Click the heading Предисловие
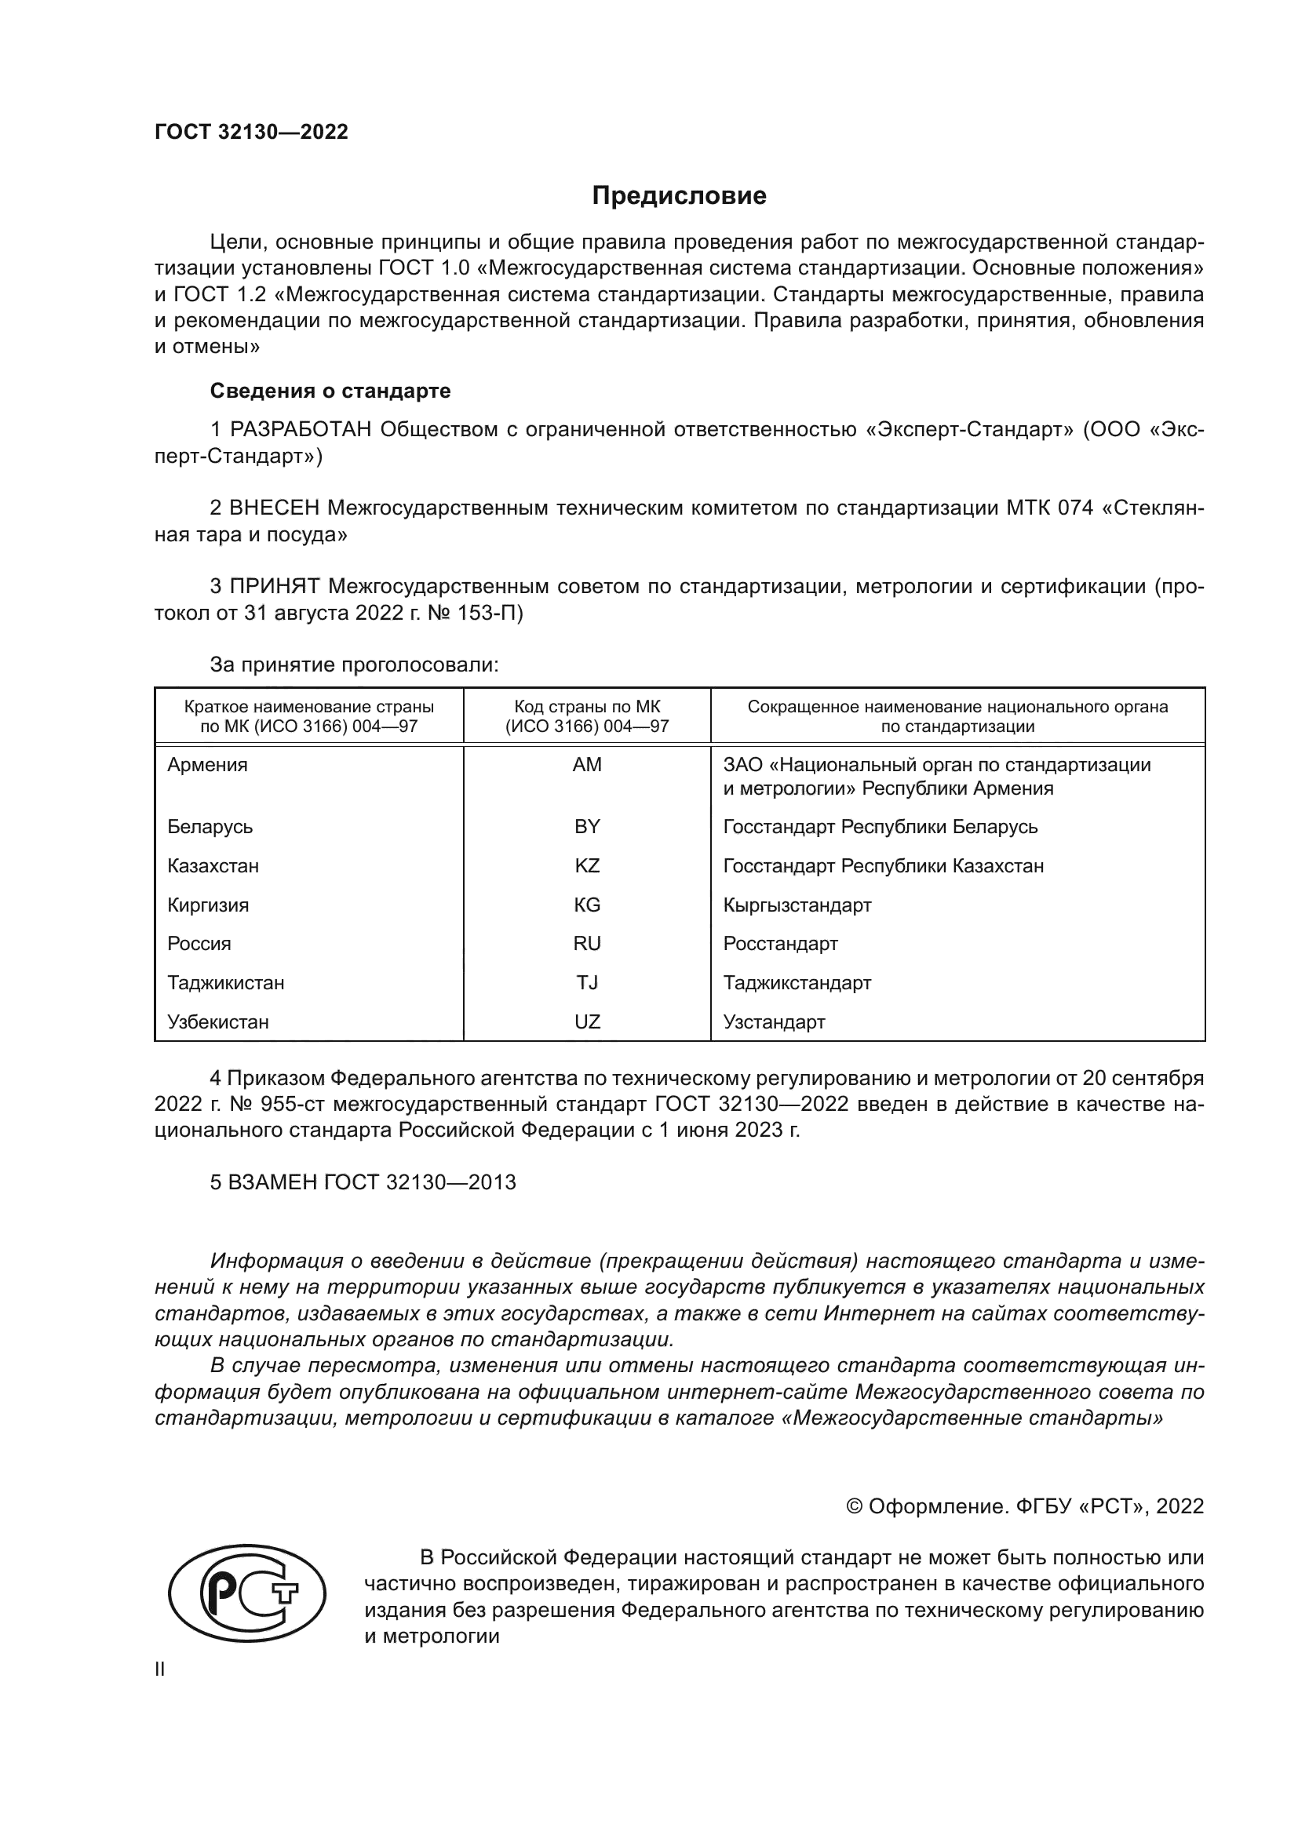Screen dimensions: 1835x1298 [x=679, y=196]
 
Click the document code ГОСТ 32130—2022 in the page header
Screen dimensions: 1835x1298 [x=251, y=132]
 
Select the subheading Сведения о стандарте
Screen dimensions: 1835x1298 [x=330, y=391]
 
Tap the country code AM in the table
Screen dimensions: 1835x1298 [x=587, y=765]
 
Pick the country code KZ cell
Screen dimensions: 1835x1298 [x=587, y=865]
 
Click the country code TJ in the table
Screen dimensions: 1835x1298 [x=587, y=982]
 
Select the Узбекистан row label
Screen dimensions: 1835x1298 [x=217, y=1021]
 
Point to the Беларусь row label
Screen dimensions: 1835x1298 [x=210, y=826]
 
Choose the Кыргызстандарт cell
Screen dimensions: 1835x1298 [x=797, y=905]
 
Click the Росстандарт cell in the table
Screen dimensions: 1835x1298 [x=780, y=943]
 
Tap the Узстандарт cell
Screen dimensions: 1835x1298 [x=774, y=1021]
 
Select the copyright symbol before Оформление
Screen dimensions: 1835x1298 [x=854, y=1506]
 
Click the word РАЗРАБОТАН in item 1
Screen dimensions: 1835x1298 [x=301, y=430]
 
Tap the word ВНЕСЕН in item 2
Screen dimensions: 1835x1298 [x=274, y=508]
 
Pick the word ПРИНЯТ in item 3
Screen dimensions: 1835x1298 [x=274, y=587]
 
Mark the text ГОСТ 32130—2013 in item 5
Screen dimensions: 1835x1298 [x=420, y=1182]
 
